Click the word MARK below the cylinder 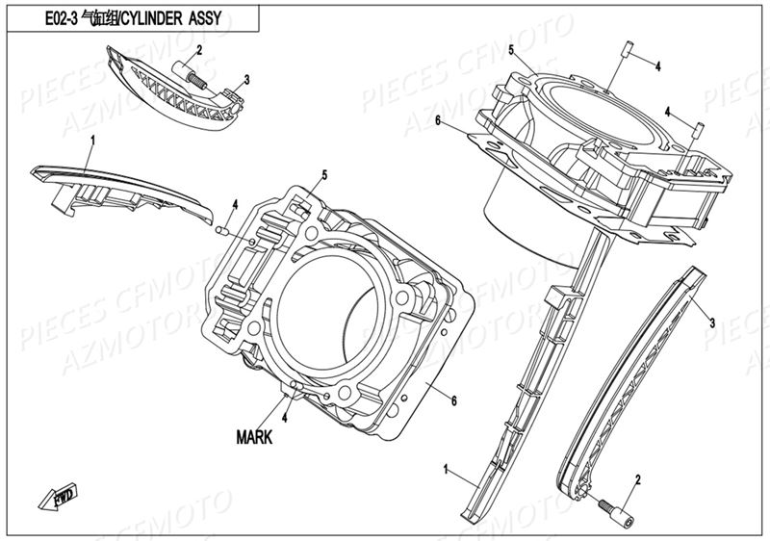point(254,436)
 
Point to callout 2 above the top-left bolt point(198,50)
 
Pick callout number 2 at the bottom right point(637,478)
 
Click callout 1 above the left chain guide point(92,141)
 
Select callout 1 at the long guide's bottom point(447,469)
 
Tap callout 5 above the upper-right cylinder point(511,49)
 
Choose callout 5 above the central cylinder point(324,174)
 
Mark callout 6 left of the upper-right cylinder point(437,120)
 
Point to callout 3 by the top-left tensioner point(246,79)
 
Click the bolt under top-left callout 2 point(189,73)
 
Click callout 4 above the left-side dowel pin point(234,204)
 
